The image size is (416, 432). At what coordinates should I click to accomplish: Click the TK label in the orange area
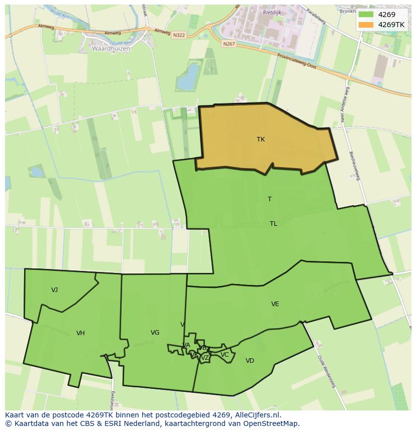pyautogui.click(x=260, y=139)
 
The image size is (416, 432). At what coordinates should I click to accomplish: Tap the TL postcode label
pyautogui.click(x=273, y=224)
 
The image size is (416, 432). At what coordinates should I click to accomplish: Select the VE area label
pyautogui.click(x=275, y=304)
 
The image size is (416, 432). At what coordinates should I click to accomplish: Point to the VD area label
pyautogui.click(x=250, y=361)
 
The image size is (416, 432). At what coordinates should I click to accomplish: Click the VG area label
pyautogui.click(x=155, y=333)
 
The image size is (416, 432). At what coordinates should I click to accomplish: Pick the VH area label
pyautogui.click(x=80, y=333)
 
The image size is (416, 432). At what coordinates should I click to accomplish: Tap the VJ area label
pyautogui.click(x=54, y=290)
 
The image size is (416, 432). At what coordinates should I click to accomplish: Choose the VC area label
pyautogui.click(x=225, y=355)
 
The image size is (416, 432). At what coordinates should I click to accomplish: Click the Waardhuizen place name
pyautogui.click(x=111, y=49)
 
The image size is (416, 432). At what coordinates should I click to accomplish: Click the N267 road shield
pyautogui.click(x=229, y=44)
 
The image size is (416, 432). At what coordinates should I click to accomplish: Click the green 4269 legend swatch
pyautogui.click(x=366, y=15)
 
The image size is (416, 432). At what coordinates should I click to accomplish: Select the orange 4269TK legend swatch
pyautogui.click(x=366, y=25)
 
